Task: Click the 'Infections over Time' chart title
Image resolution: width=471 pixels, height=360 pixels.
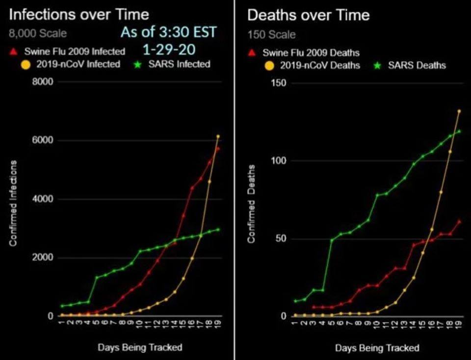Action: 79,15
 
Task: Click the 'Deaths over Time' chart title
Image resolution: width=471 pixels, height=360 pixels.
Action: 308,15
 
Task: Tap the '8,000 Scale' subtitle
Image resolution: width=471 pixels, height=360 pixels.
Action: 38,34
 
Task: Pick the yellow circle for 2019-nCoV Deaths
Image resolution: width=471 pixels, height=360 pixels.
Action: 269,65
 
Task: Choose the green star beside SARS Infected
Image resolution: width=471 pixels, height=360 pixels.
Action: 138,64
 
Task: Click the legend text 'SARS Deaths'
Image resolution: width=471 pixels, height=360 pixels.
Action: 417,65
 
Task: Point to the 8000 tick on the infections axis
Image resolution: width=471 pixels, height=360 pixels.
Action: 43,82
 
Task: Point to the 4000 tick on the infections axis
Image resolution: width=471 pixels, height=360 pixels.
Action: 43,199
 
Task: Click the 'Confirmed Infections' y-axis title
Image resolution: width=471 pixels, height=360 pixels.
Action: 14,203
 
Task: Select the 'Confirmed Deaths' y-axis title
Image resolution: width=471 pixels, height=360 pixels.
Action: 251,203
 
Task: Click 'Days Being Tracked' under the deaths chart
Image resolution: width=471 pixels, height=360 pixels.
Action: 377,348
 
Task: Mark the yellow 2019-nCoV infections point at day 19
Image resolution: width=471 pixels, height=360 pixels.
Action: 218,137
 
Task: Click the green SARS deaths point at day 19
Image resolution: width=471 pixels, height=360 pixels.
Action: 459,131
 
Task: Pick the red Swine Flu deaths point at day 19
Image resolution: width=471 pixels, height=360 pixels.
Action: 459,222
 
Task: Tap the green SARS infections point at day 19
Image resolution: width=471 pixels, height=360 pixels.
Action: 218,229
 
